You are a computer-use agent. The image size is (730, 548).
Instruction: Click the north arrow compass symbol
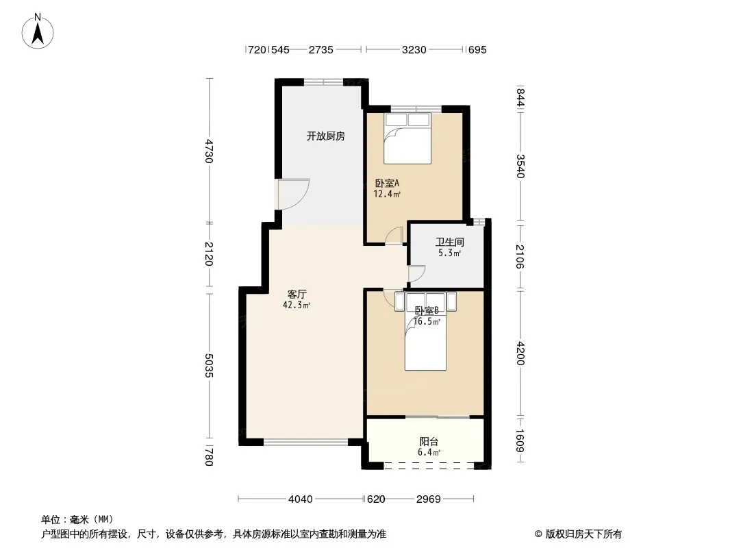tap(38, 31)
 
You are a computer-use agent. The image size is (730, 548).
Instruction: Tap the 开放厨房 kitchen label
tap(326, 136)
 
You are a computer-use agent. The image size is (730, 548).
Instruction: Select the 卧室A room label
tap(388, 184)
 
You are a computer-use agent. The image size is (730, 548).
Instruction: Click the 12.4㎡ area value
tap(388, 194)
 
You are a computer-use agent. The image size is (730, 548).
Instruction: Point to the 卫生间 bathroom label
tap(450, 242)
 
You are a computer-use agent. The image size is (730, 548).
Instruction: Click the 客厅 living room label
tap(297, 295)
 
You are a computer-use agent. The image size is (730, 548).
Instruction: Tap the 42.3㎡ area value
tap(297, 306)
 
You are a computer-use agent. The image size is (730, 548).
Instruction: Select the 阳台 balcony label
tap(429, 441)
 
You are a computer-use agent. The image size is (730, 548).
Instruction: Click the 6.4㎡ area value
tap(429, 453)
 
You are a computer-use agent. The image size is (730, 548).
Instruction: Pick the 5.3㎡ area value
tap(450, 253)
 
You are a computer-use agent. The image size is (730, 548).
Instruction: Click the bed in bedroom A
tap(407, 138)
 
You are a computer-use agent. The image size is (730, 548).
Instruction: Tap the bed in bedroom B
tap(425, 331)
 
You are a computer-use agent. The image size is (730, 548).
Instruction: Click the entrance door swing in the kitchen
tap(294, 194)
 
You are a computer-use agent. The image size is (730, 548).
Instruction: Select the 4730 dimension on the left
tap(209, 151)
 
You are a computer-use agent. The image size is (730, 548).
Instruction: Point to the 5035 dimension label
tap(209, 366)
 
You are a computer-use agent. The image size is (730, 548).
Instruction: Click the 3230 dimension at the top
tap(414, 50)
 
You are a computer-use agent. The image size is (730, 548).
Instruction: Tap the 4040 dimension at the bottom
tap(301, 499)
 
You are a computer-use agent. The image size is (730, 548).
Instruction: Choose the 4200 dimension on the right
tap(520, 354)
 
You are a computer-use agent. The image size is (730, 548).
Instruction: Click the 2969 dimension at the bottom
tap(428, 499)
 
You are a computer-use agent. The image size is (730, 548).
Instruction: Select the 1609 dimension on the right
tap(520, 440)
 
